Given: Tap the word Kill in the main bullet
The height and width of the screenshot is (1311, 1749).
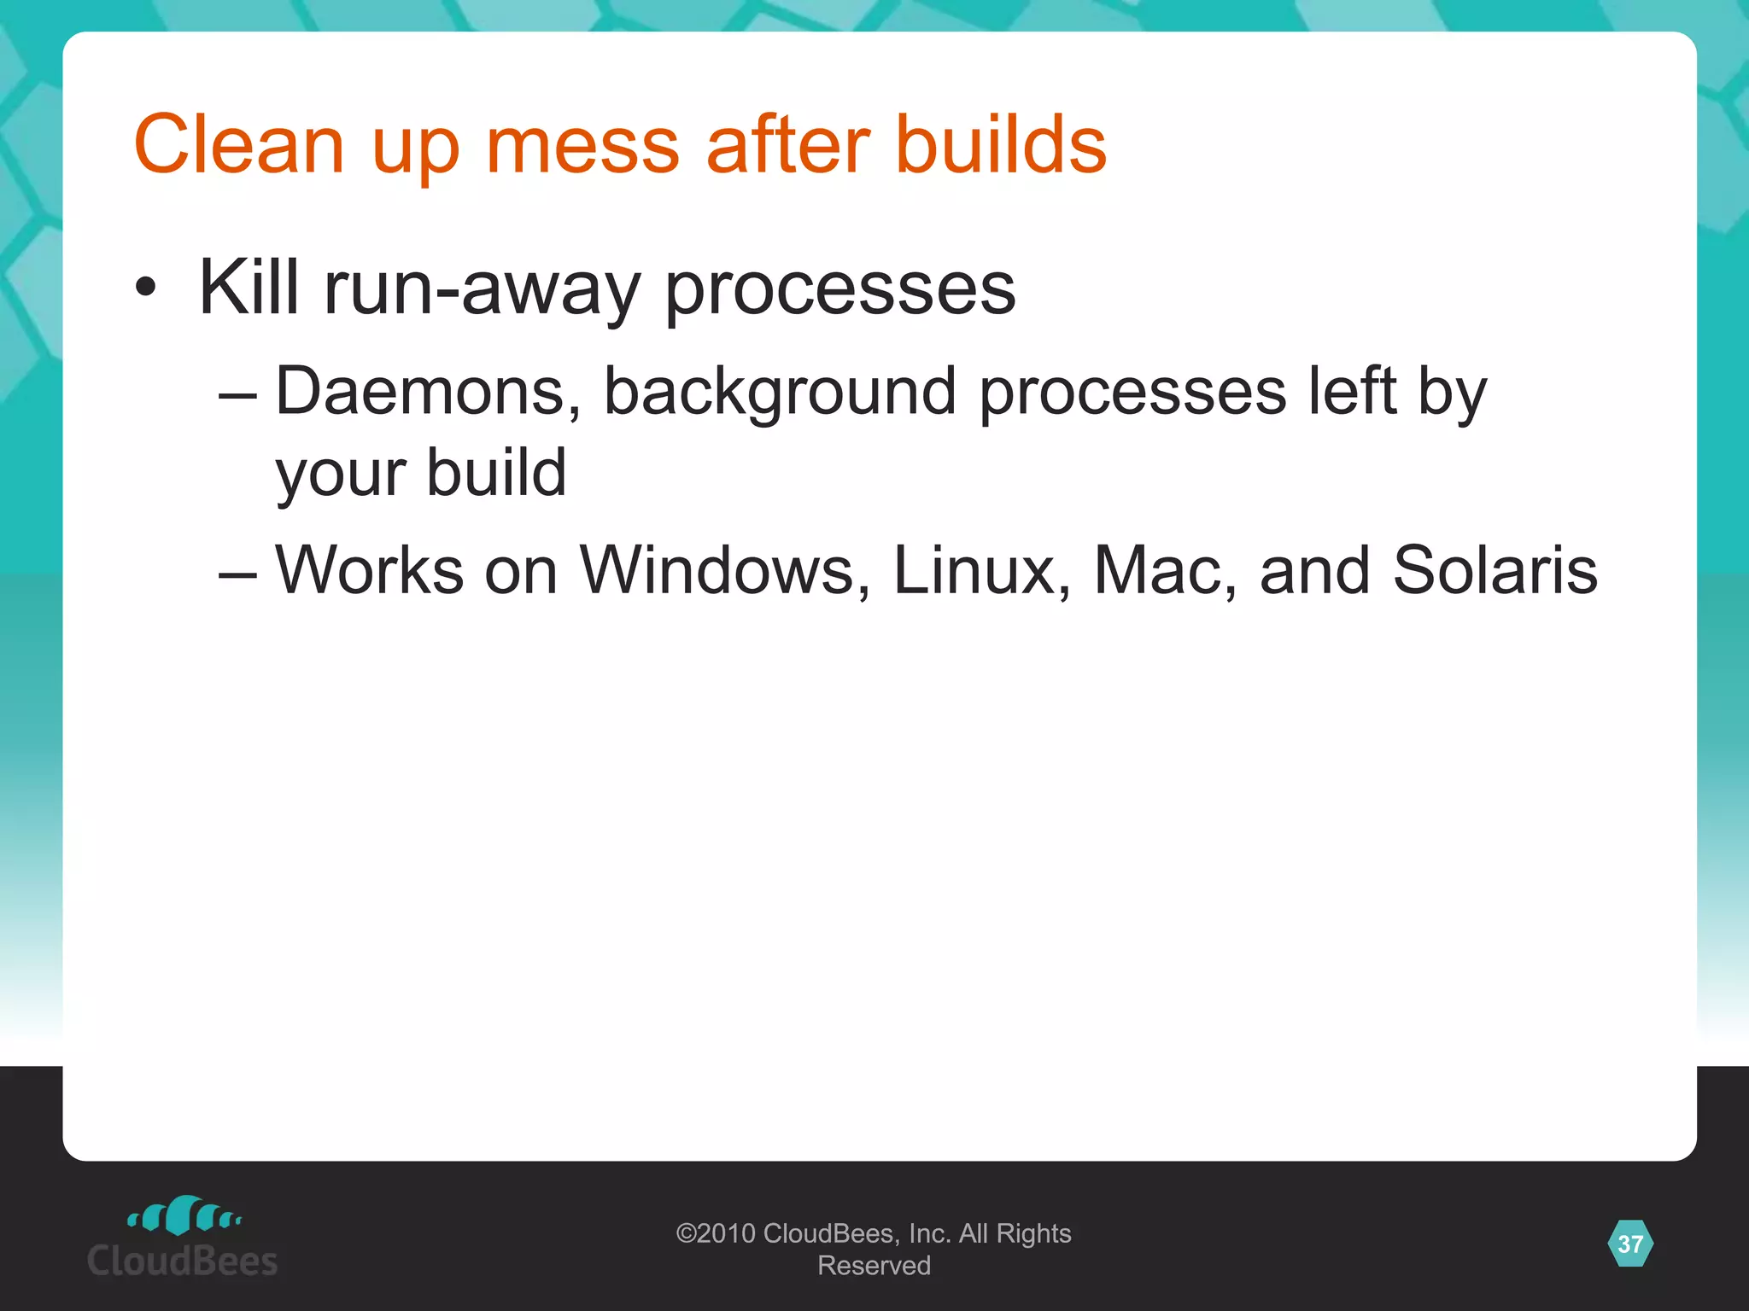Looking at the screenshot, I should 249,288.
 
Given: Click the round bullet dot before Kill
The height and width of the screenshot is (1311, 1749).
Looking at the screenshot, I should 146,288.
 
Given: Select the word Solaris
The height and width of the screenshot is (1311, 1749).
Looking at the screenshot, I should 1495,570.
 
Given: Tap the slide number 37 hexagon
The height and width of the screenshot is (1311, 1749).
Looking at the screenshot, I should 1629,1244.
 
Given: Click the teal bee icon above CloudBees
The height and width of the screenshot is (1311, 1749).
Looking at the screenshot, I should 183,1215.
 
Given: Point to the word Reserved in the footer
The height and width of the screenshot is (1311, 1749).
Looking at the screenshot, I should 874,1265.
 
